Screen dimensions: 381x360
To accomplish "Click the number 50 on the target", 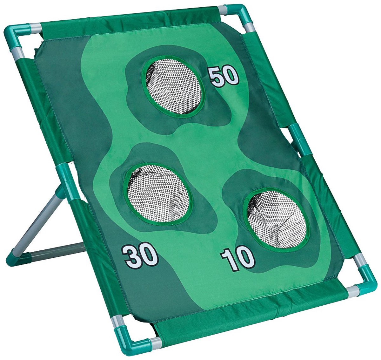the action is [224, 76].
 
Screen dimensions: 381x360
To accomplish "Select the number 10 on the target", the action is [238, 259].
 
